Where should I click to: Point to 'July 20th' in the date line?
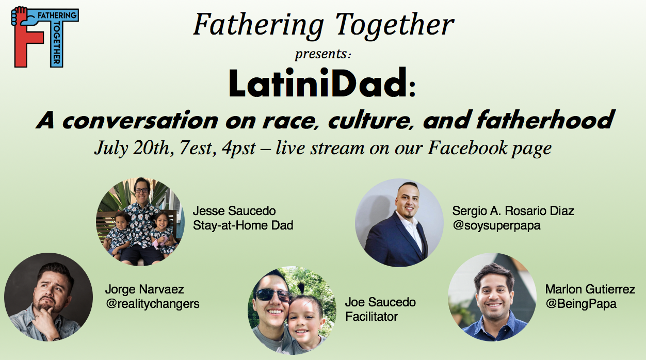132,148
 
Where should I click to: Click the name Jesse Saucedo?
234,211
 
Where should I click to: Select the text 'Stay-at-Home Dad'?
243,225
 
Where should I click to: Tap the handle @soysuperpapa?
496,225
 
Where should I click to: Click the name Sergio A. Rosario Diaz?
513,211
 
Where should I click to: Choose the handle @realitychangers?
152,303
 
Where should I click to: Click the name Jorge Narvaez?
144,289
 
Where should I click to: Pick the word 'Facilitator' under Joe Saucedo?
372,316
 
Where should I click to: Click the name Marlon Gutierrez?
590,289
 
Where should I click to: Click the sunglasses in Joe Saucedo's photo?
273,294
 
